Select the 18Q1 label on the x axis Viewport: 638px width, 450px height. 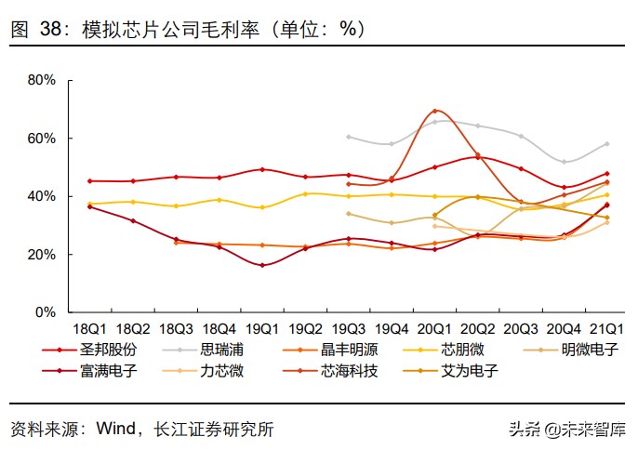coord(90,328)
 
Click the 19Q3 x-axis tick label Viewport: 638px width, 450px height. coord(349,328)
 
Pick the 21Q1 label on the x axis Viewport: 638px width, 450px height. coord(606,328)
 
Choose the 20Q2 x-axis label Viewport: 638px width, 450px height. coord(477,328)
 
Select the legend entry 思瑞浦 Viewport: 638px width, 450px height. coord(222,351)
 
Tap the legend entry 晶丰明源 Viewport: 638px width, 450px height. coord(350,351)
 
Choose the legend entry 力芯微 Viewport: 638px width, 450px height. coord(222,370)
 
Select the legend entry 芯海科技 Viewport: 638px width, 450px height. coord(350,370)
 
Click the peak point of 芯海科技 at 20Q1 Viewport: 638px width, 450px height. coord(434,111)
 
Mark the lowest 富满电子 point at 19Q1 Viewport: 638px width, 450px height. coord(262,265)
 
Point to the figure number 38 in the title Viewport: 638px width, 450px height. coord(50,29)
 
